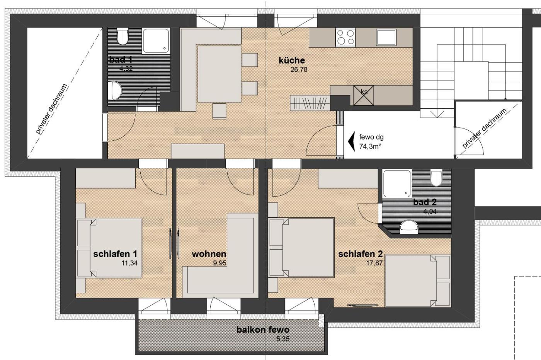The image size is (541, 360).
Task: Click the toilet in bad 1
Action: pyautogui.click(x=122, y=37)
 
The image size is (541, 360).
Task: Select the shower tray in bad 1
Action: pyautogui.click(x=156, y=41)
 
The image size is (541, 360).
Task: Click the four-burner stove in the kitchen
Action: pyautogui.click(x=345, y=37)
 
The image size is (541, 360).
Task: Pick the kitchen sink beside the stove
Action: pyautogui.click(x=386, y=37)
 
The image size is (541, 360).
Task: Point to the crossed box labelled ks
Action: pyautogui.click(x=364, y=96)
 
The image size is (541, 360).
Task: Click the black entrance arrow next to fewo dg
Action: pyautogui.click(x=351, y=142)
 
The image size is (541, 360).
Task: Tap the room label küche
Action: pyautogui.click(x=292, y=60)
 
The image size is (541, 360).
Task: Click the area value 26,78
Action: pyautogui.click(x=299, y=70)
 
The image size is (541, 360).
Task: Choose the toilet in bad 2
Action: pyautogui.click(x=436, y=178)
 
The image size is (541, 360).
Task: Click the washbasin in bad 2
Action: pyautogui.click(x=409, y=227)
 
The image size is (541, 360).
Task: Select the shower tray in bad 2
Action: pyautogui.click(x=397, y=184)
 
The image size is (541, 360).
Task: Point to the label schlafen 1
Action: pyautogui.click(x=115, y=254)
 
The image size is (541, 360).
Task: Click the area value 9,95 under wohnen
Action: pyautogui.click(x=219, y=263)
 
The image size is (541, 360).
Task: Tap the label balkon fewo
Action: pyautogui.click(x=263, y=329)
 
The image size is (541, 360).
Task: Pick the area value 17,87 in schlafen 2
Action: pyautogui.click(x=374, y=263)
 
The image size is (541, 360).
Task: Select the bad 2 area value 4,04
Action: pyautogui.click(x=430, y=212)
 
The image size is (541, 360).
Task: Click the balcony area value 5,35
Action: pyautogui.click(x=283, y=339)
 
